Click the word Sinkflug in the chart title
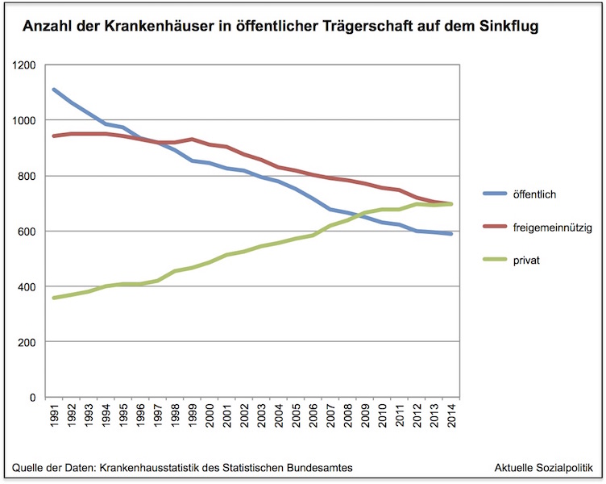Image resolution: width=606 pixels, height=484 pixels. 510,27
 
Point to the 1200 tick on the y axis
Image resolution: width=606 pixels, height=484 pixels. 25,65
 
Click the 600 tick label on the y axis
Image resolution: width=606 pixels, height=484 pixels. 28,232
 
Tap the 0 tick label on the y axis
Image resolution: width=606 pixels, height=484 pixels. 34,398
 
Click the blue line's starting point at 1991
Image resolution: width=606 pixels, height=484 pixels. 54,90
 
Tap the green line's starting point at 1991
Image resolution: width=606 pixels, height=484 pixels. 54,298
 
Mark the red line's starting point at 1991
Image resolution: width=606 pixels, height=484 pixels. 54,136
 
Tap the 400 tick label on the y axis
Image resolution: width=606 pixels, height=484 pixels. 28,287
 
